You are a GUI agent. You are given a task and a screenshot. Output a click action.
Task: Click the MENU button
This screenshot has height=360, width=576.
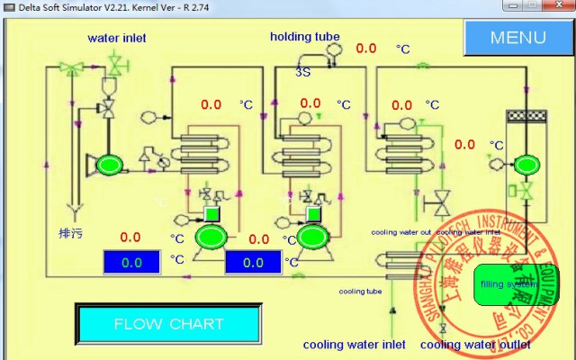coord(517,37)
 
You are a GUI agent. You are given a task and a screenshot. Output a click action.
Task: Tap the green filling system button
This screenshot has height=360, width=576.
coord(504,284)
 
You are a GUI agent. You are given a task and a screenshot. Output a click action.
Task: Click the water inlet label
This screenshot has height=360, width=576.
coord(116,38)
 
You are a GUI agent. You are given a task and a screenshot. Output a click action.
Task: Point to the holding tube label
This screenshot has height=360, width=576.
coord(305,37)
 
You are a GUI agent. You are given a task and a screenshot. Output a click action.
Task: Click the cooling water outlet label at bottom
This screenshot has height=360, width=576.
coord(476,344)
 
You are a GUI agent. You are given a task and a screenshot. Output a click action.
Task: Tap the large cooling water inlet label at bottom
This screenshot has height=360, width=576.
coord(354,344)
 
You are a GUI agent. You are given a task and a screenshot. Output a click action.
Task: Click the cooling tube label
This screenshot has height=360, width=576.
coord(360,291)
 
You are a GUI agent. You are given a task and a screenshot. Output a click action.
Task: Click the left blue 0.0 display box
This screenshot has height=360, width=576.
coord(131,263)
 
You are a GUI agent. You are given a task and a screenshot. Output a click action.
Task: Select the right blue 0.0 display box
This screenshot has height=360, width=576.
coord(254,263)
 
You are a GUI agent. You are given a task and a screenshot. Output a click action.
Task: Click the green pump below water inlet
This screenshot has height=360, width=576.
coord(111,164)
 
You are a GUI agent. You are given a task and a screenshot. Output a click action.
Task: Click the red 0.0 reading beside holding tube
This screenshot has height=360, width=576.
coord(366,49)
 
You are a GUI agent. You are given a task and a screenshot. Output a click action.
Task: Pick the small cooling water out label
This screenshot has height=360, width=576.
coord(400,232)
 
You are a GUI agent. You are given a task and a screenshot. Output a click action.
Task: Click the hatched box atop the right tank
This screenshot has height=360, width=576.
coord(524,116)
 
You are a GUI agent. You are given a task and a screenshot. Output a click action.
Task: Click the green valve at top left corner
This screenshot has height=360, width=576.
coord(69,67)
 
